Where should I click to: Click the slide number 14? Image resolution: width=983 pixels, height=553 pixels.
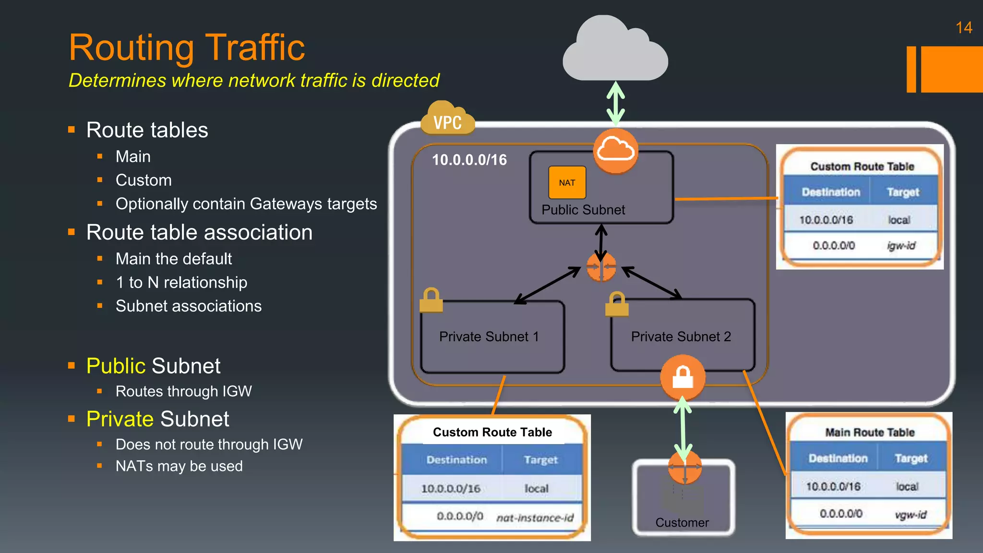pyautogui.click(x=963, y=28)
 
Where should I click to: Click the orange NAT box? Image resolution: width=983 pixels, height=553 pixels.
pyautogui.click(x=567, y=182)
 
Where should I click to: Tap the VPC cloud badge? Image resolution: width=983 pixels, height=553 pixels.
pyautogui.click(x=447, y=120)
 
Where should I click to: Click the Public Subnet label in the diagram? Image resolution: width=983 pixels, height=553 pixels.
pyautogui.click(x=583, y=210)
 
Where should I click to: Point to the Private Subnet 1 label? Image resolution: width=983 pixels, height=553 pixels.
pyautogui.click(x=489, y=337)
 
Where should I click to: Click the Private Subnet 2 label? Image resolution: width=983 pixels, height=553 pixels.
pyautogui.click(x=681, y=337)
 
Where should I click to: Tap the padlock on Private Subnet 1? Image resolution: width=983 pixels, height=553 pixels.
pyautogui.click(x=431, y=301)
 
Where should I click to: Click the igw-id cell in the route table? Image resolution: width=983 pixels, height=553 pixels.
pyautogui.click(x=901, y=246)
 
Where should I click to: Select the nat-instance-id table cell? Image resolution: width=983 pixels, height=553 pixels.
pyautogui.click(x=535, y=517)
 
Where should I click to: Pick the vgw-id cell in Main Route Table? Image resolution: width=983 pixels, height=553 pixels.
pyautogui.click(x=911, y=515)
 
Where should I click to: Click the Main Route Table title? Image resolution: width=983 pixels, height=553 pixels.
pyautogui.click(x=869, y=432)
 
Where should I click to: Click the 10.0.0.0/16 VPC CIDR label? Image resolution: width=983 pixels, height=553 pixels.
pyautogui.click(x=469, y=160)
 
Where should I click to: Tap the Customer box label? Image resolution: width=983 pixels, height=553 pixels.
pyautogui.click(x=682, y=522)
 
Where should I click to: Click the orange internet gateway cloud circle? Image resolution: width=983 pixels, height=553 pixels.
pyautogui.click(x=615, y=151)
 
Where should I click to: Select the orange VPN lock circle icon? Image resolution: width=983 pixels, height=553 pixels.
pyautogui.click(x=682, y=377)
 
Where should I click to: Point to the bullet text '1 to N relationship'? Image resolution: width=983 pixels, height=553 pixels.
pyautogui.click(x=181, y=282)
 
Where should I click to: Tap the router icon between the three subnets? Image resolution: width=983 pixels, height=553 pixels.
pyautogui.click(x=601, y=267)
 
